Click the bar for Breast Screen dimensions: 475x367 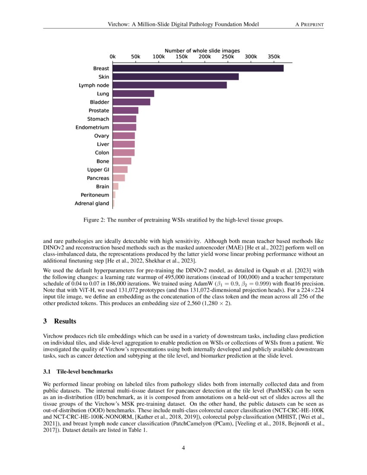tap(198, 68)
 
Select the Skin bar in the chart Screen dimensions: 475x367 tap(175, 77)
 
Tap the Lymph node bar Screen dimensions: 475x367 tap(169, 85)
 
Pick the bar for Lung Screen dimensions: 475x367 tap(133, 94)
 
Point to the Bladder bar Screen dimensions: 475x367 tap(131, 102)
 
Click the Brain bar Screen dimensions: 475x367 tap(115, 187)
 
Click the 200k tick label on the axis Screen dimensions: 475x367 tap(205, 57)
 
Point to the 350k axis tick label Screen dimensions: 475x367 tap(274, 57)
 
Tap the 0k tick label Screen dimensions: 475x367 tap(113, 57)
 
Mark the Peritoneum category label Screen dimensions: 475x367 tap(95, 195)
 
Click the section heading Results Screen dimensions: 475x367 tap(65, 321)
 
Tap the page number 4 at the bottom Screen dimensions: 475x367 tap(183, 447)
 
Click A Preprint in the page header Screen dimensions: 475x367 tap(309, 24)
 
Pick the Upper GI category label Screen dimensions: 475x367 tap(98, 170)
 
